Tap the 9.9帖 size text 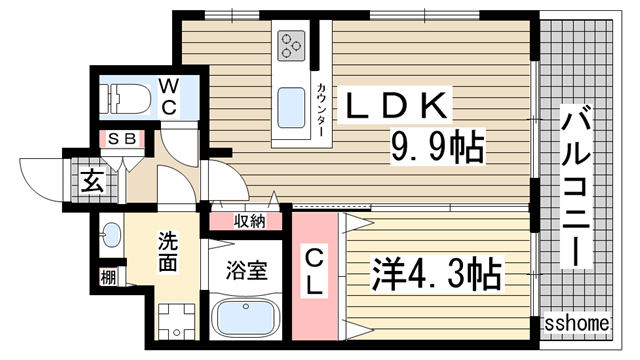[x=438, y=146]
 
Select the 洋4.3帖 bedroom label [x=436, y=274]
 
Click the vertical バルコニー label [x=576, y=186]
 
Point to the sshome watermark [x=577, y=324]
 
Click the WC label [x=168, y=98]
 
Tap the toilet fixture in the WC [x=124, y=99]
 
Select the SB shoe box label [x=122, y=139]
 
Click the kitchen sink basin [x=291, y=108]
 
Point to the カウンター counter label [x=322, y=110]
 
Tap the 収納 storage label [x=249, y=221]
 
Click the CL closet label [x=314, y=273]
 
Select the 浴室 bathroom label [x=247, y=270]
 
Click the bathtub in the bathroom [x=245, y=317]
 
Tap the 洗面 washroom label [x=168, y=252]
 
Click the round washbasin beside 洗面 [x=111, y=235]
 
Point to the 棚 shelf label [x=108, y=278]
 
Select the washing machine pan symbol [x=178, y=321]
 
